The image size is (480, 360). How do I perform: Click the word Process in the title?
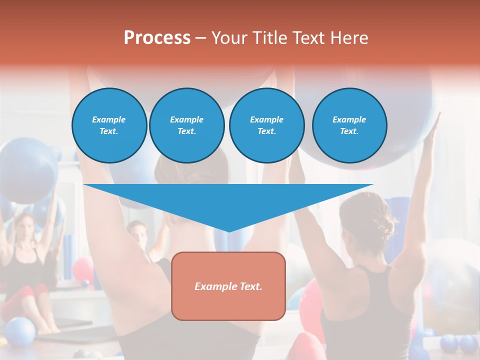click(x=157, y=37)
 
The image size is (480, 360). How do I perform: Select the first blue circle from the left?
click(x=109, y=125)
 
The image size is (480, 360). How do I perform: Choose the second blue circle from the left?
click(x=186, y=125)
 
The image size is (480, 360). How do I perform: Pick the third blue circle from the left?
click(x=266, y=125)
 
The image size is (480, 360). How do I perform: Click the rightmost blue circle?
click(x=349, y=125)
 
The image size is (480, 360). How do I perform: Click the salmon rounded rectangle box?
click(x=228, y=286)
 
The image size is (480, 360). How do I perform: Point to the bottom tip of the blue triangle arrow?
click(x=228, y=230)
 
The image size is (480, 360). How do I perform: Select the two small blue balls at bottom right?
click(x=459, y=344)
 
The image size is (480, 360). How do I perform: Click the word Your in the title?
click(x=228, y=37)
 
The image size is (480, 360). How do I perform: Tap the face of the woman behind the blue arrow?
click(x=137, y=235)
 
